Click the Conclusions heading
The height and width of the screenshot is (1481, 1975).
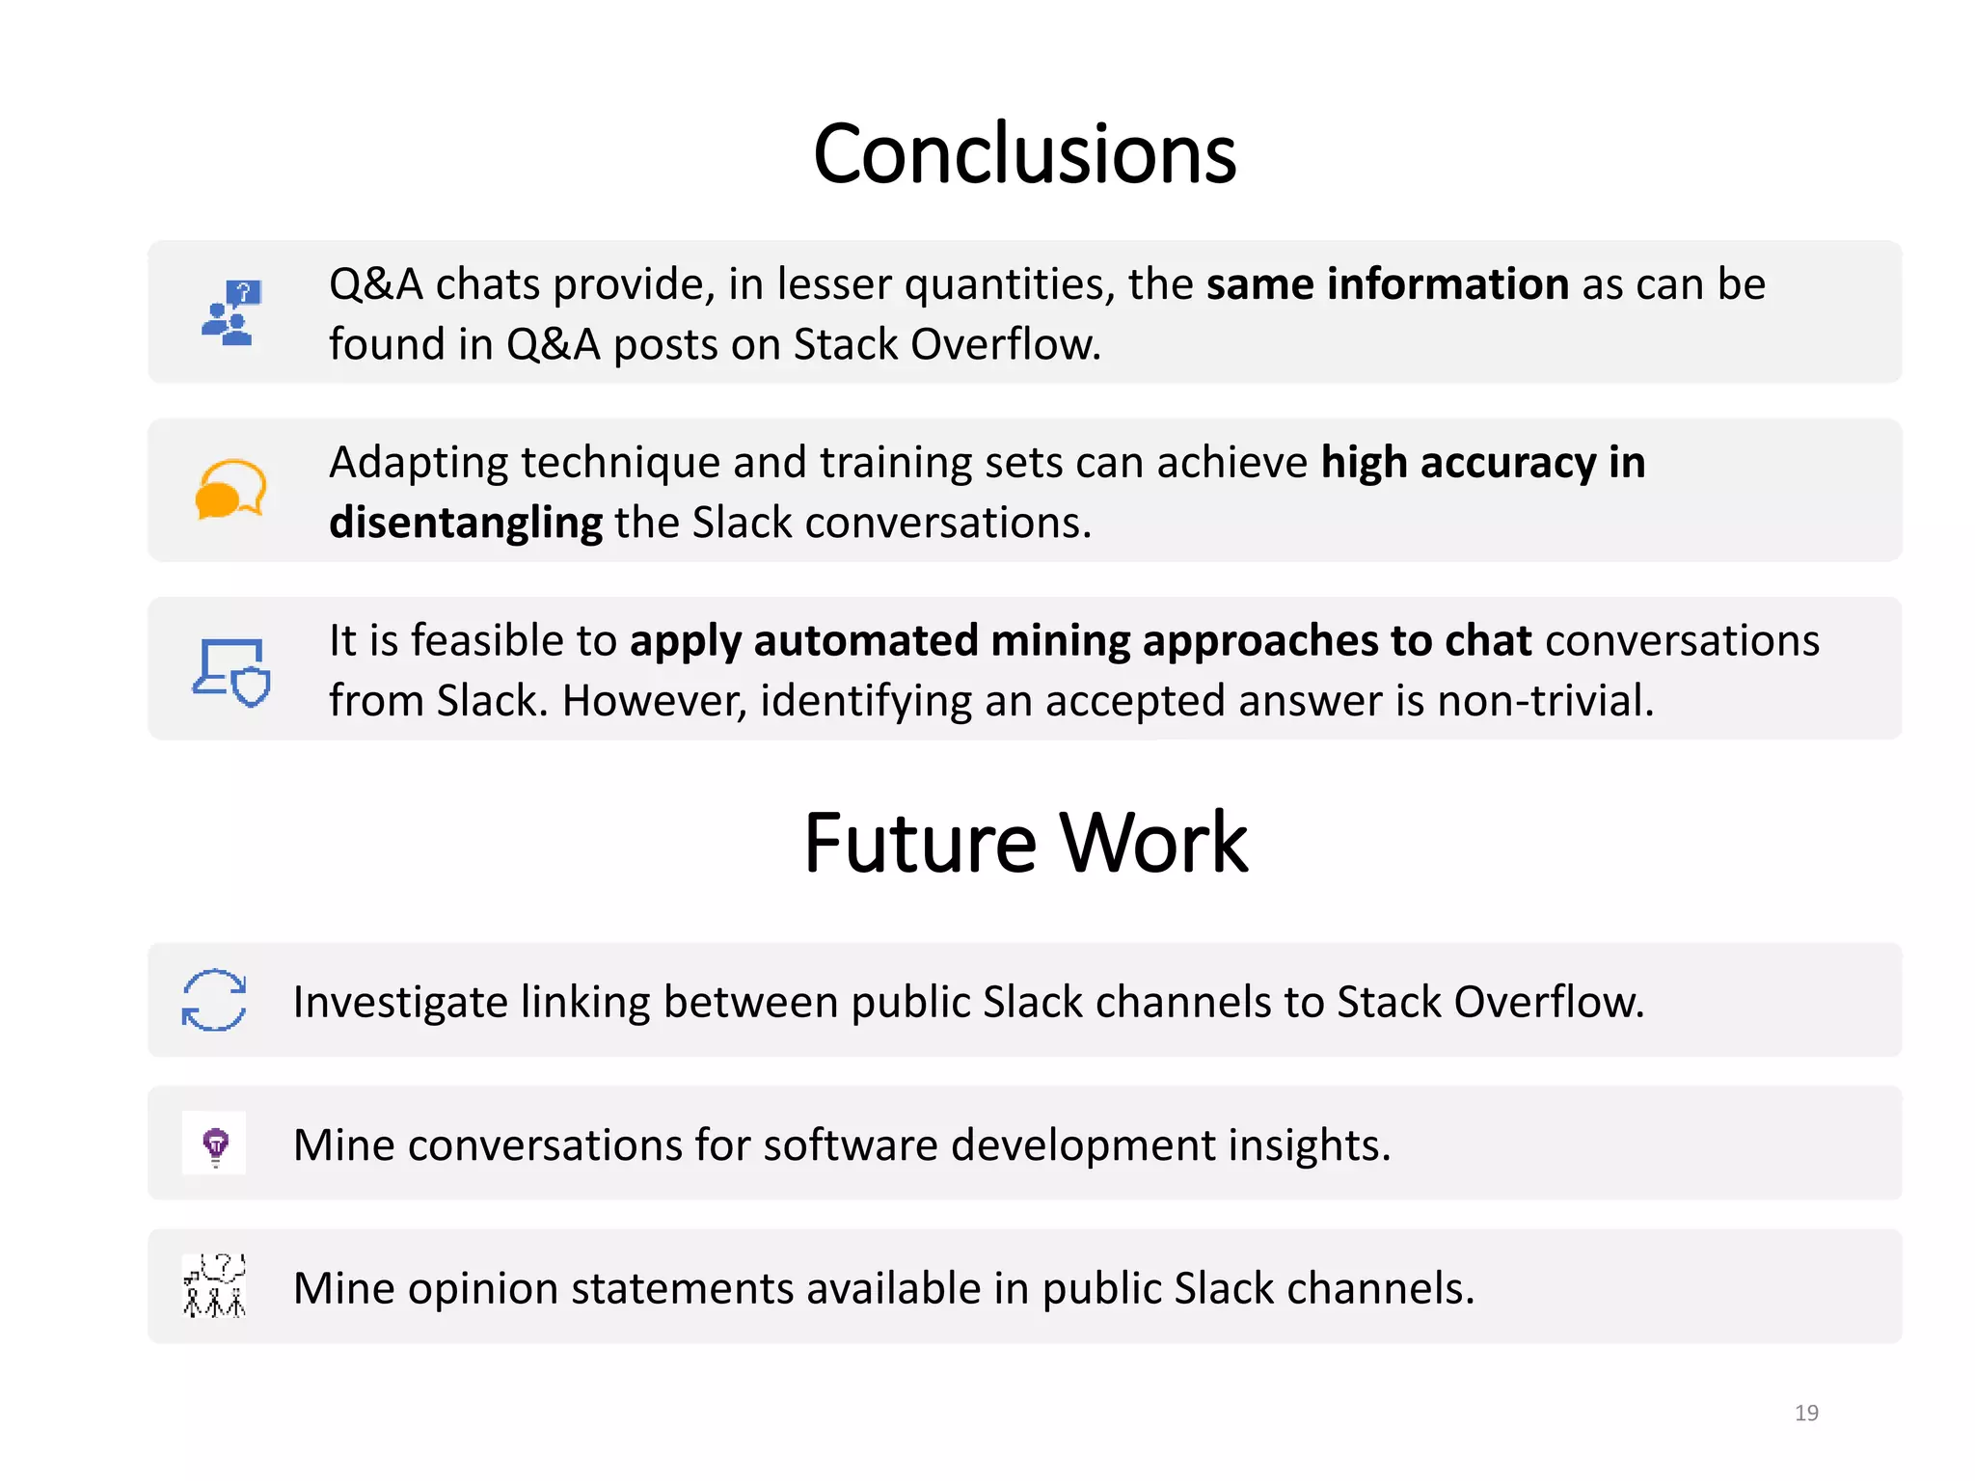coord(1024,154)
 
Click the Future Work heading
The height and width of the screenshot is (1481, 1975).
coord(1025,843)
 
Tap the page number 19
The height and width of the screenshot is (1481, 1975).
coord(1806,1413)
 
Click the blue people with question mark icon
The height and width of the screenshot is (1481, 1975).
coord(230,313)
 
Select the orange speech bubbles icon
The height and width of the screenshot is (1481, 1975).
coord(230,490)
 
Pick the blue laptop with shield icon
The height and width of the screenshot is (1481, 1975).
coord(231,672)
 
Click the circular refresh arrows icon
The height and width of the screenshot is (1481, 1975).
coord(214,1000)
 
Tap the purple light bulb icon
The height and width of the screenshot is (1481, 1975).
coord(215,1144)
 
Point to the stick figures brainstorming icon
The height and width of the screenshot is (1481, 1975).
coord(214,1286)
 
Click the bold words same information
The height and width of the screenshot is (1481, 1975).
coord(1387,284)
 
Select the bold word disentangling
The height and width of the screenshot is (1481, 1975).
coord(466,523)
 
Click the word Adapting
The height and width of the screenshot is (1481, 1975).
coord(418,464)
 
